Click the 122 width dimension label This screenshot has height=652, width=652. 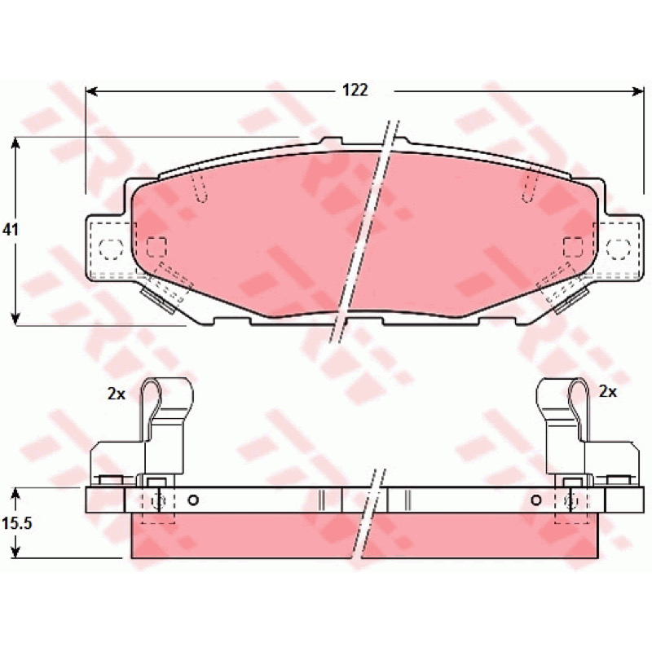pyautogui.click(x=355, y=90)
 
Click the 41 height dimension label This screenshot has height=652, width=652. pyautogui.click(x=11, y=230)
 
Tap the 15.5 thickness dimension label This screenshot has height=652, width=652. pyautogui.click(x=17, y=523)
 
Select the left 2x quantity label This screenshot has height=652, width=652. pyautogui.click(x=117, y=394)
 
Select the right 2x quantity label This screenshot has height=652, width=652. pyautogui.click(x=607, y=391)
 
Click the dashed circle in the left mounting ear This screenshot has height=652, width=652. pyautogui.click(x=111, y=250)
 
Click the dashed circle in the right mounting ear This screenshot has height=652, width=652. pyautogui.click(x=619, y=249)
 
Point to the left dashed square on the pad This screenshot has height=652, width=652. pyautogui.click(x=156, y=247)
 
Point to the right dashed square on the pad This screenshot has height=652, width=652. pyautogui.click(x=573, y=247)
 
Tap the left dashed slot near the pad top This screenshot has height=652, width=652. pyautogui.click(x=200, y=188)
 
